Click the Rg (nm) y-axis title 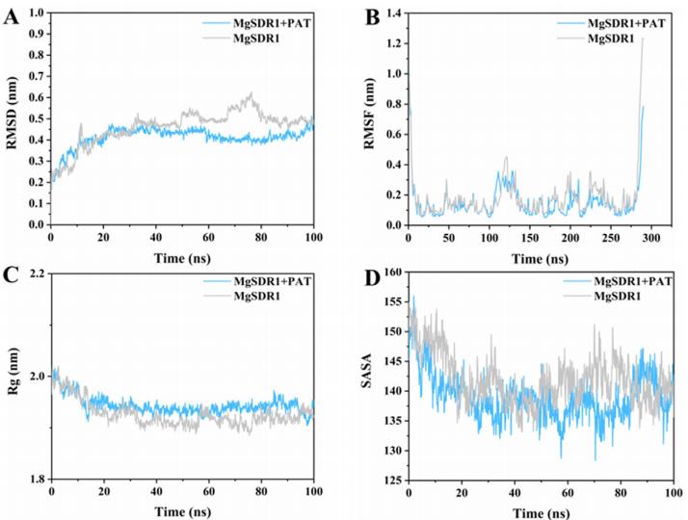coord(12,378)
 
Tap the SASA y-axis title coord(374,378)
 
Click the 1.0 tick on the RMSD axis coord(38,12)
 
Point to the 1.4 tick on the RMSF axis coord(396,12)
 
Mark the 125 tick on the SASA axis coord(396,480)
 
